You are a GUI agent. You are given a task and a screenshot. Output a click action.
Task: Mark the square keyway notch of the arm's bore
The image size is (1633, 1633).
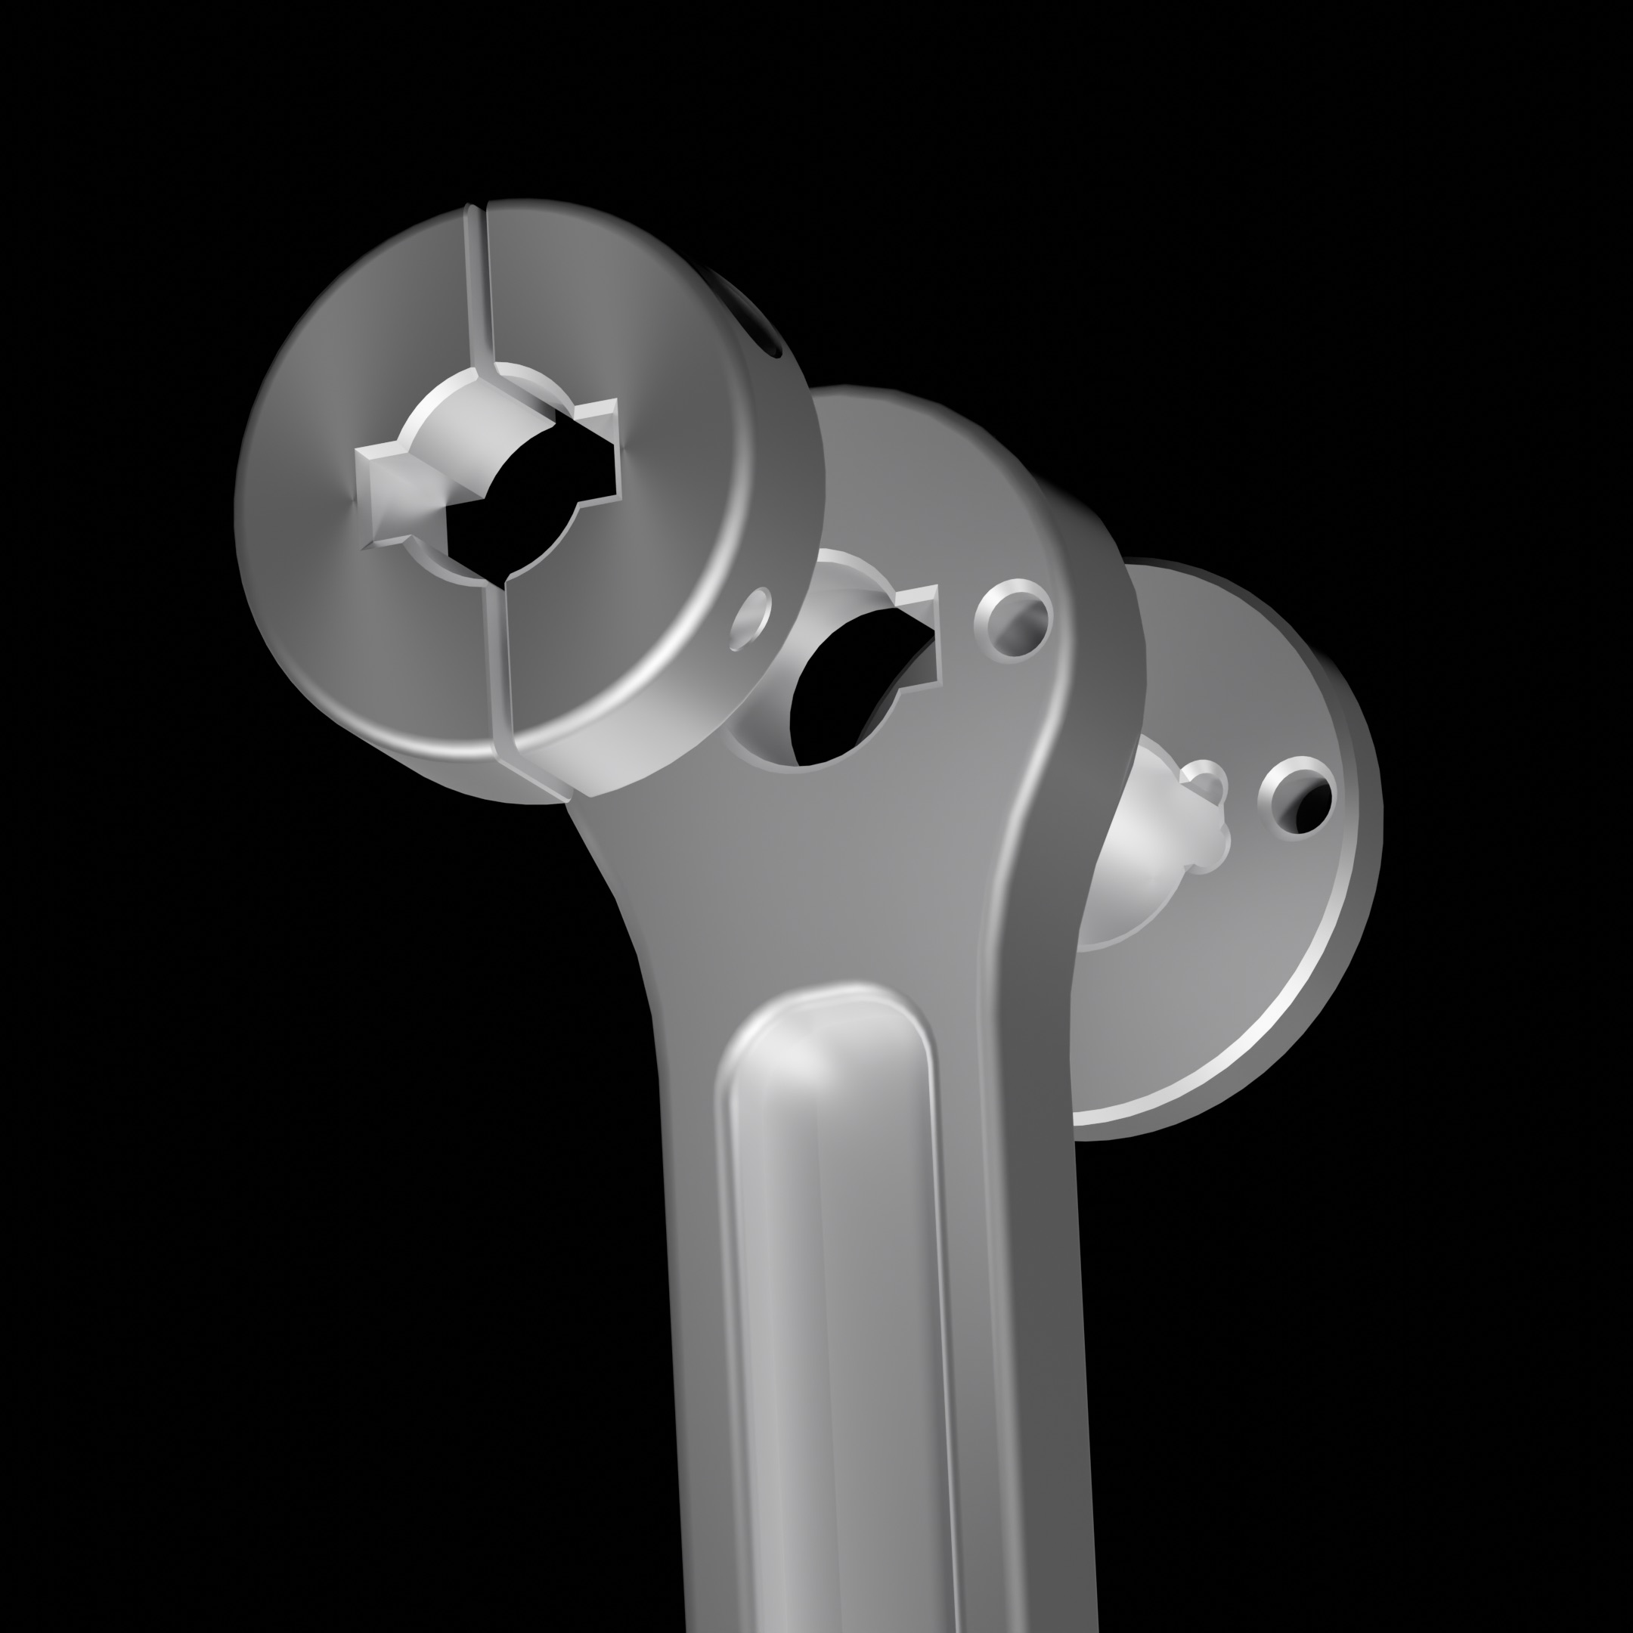point(922,630)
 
